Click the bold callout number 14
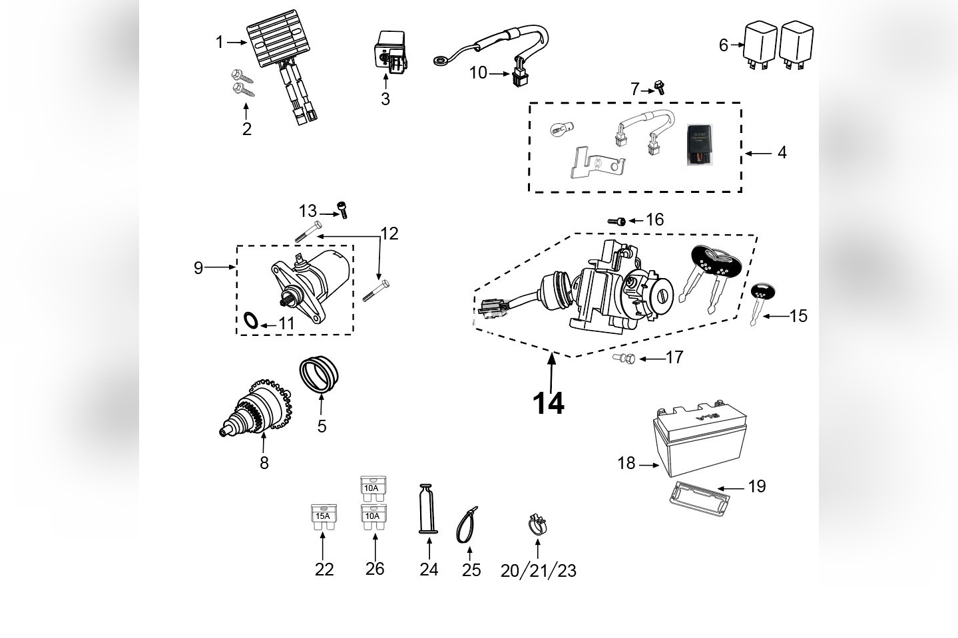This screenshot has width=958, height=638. click(x=548, y=403)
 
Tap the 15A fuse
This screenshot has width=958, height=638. click(x=323, y=518)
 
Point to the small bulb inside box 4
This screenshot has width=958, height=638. click(x=558, y=131)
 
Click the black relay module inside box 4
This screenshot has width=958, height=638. click(x=702, y=142)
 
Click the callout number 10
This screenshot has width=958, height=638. click(x=478, y=73)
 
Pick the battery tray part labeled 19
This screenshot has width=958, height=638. click(x=698, y=496)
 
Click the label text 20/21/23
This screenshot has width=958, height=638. click(x=538, y=571)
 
